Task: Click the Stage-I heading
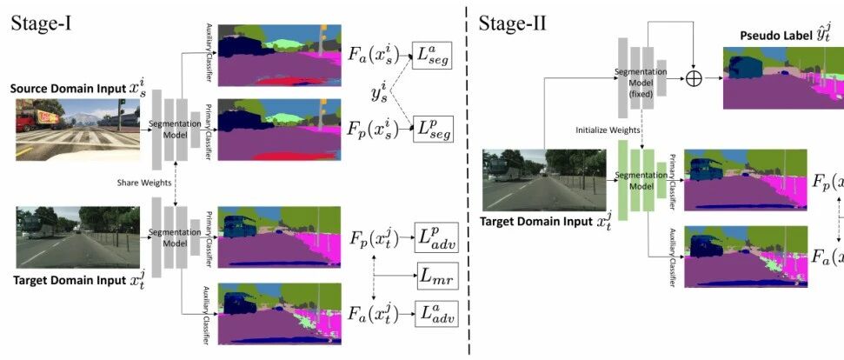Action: (x=40, y=23)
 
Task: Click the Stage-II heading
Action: (x=512, y=23)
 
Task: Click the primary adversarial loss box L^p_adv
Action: (x=435, y=237)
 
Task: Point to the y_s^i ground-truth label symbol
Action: (x=376, y=93)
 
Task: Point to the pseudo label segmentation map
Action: (x=782, y=77)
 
